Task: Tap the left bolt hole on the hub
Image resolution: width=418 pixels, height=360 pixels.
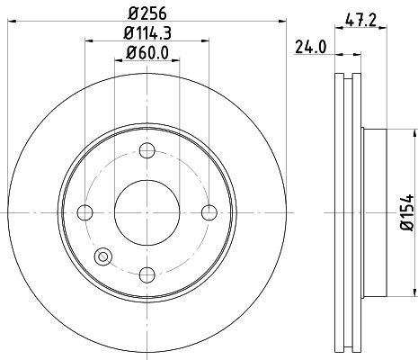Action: [85, 212]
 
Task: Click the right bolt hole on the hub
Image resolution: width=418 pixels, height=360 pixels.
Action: [209, 212]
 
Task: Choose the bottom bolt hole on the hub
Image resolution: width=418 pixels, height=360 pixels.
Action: [147, 274]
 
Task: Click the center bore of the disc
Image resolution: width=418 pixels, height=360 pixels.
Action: [147, 212]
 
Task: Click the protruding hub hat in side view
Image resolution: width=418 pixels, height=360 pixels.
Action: [376, 212]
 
